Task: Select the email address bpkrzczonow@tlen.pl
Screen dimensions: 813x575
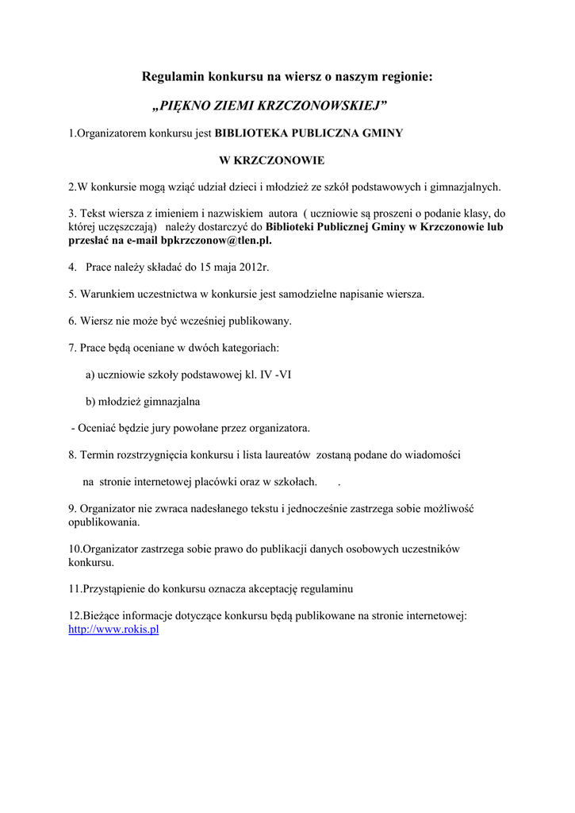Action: pos(216,240)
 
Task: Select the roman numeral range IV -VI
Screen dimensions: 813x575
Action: pos(275,375)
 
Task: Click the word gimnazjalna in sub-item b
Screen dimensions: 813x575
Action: pos(172,402)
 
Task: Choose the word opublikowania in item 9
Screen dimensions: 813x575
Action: pos(104,522)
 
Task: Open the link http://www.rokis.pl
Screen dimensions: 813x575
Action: pos(113,629)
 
